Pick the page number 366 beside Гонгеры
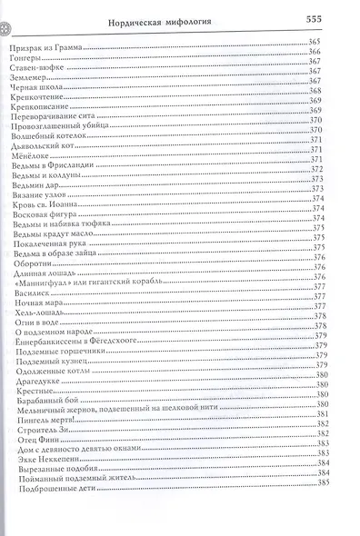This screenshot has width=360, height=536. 337,54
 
